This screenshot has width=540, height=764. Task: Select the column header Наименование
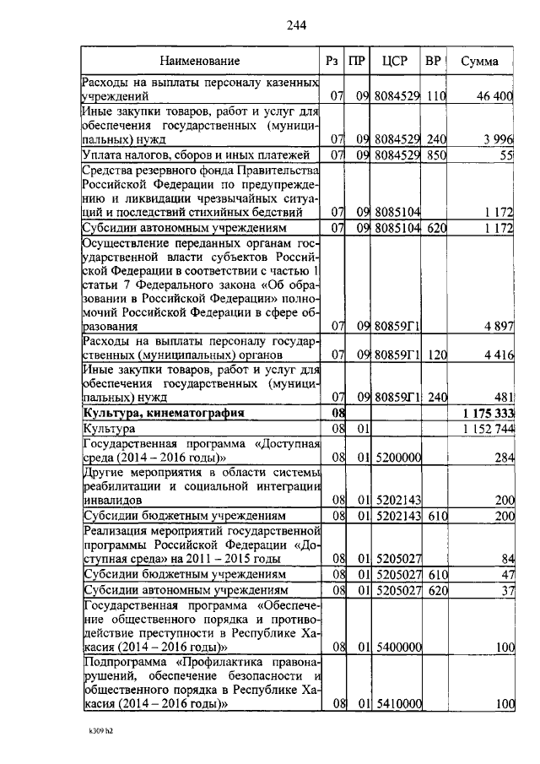click(201, 62)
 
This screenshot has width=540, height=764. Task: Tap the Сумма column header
click(479, 62)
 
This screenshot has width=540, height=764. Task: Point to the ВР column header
click(433, 62)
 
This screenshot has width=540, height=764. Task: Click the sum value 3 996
click(499, 138)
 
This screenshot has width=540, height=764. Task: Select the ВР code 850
click(435, 154)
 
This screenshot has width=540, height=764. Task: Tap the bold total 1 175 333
click(489, 414)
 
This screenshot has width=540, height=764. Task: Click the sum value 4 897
click(499, 326)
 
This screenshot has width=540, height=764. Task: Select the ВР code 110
click(435, 97)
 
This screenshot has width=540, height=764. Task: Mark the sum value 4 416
click(499, 355)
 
